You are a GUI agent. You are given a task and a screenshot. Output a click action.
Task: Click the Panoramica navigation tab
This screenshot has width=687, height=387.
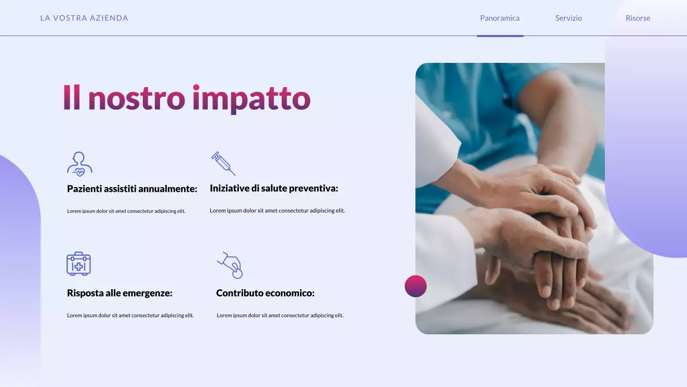[x=500, y=18]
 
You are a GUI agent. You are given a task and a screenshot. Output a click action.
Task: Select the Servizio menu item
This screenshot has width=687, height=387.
[x=568, y=18]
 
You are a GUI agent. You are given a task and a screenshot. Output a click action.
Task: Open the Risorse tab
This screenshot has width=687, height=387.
[x=638, y=18]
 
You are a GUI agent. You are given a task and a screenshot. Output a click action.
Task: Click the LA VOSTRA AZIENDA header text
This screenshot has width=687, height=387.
[x=84, y=18]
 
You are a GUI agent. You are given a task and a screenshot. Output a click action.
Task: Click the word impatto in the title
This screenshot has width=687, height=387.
[x=251, y=99]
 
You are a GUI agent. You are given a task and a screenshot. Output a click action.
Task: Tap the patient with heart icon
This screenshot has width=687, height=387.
[x=79, y=164]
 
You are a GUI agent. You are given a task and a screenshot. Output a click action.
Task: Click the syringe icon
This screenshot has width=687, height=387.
[x=223, y=163]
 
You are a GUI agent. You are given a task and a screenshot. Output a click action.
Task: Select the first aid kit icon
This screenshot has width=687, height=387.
[x=78, y=263]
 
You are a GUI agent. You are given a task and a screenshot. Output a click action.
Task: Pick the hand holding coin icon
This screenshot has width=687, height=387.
[x=231, y=265]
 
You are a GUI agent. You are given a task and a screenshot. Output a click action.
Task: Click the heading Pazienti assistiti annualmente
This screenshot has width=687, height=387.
[x=132, y=189]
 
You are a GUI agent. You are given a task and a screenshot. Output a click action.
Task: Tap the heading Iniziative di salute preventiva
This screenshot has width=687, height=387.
[x=274, y=189]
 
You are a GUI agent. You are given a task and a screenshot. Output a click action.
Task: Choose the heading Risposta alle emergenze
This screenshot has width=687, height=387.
[x=120, y=293]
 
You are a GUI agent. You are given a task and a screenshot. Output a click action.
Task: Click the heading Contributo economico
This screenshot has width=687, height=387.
[x=265, y=293]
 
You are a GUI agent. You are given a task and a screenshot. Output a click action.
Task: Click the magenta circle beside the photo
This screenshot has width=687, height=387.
[x=415, y=286]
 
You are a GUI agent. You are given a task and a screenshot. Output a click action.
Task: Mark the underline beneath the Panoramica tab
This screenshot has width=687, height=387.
[x=500, y=36]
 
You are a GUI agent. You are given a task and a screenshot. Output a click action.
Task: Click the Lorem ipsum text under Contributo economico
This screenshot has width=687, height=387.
[x=280, y=316]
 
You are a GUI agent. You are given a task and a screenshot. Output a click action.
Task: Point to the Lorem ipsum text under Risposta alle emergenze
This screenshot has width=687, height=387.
[x=130, y=316]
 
